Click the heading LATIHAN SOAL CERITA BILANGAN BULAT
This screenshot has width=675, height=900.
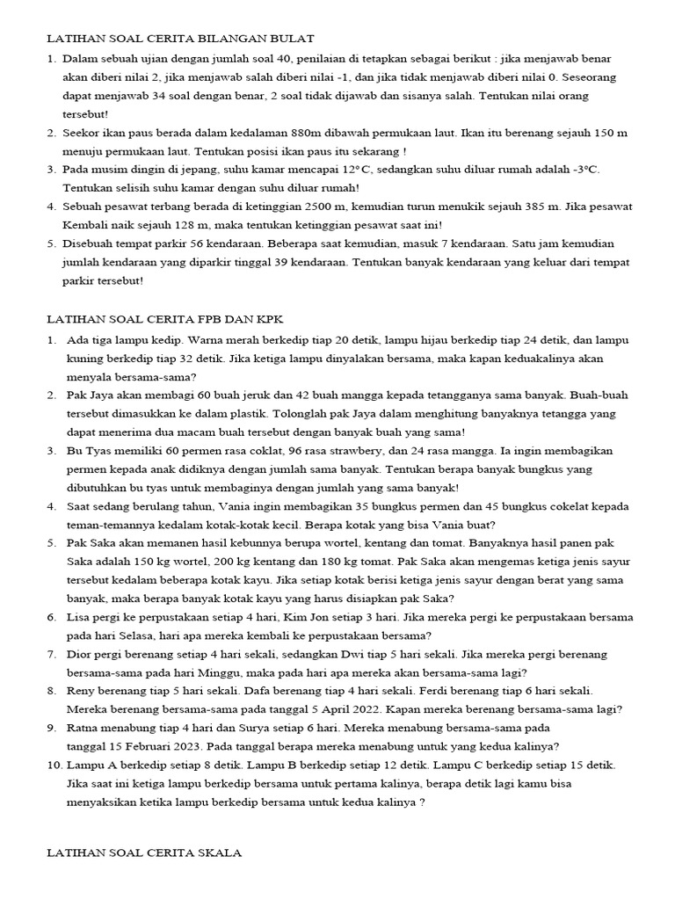(x=179, y=39)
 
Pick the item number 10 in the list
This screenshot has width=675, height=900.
(x=52, y=765)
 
